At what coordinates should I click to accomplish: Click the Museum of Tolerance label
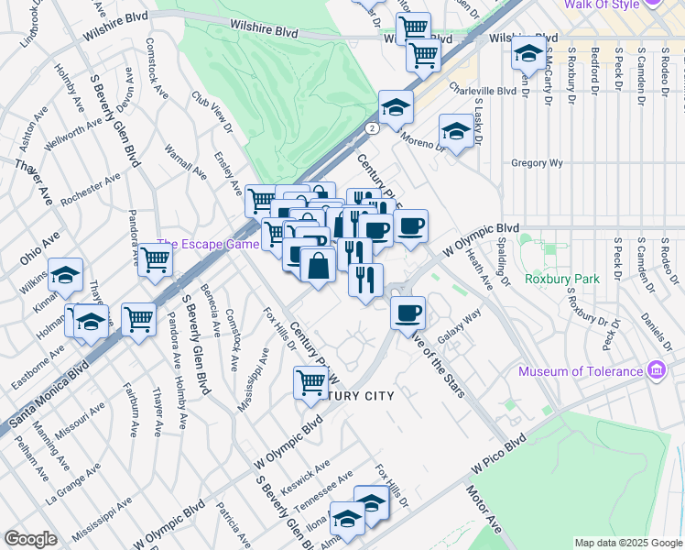pos(581,371)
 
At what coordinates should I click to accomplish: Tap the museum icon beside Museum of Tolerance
pos(655,371)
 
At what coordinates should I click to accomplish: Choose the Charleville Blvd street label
pos(482,92)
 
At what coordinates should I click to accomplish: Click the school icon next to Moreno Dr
pos(456,130)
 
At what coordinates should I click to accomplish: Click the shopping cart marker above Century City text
pos(310,380)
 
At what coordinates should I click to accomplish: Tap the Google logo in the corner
pos(31,539)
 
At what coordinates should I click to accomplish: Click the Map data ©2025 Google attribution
pos(627,543)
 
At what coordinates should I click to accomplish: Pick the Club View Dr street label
pos(212,110)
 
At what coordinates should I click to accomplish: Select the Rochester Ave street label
pos(90,189)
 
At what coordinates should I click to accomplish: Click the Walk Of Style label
pos(602,5)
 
